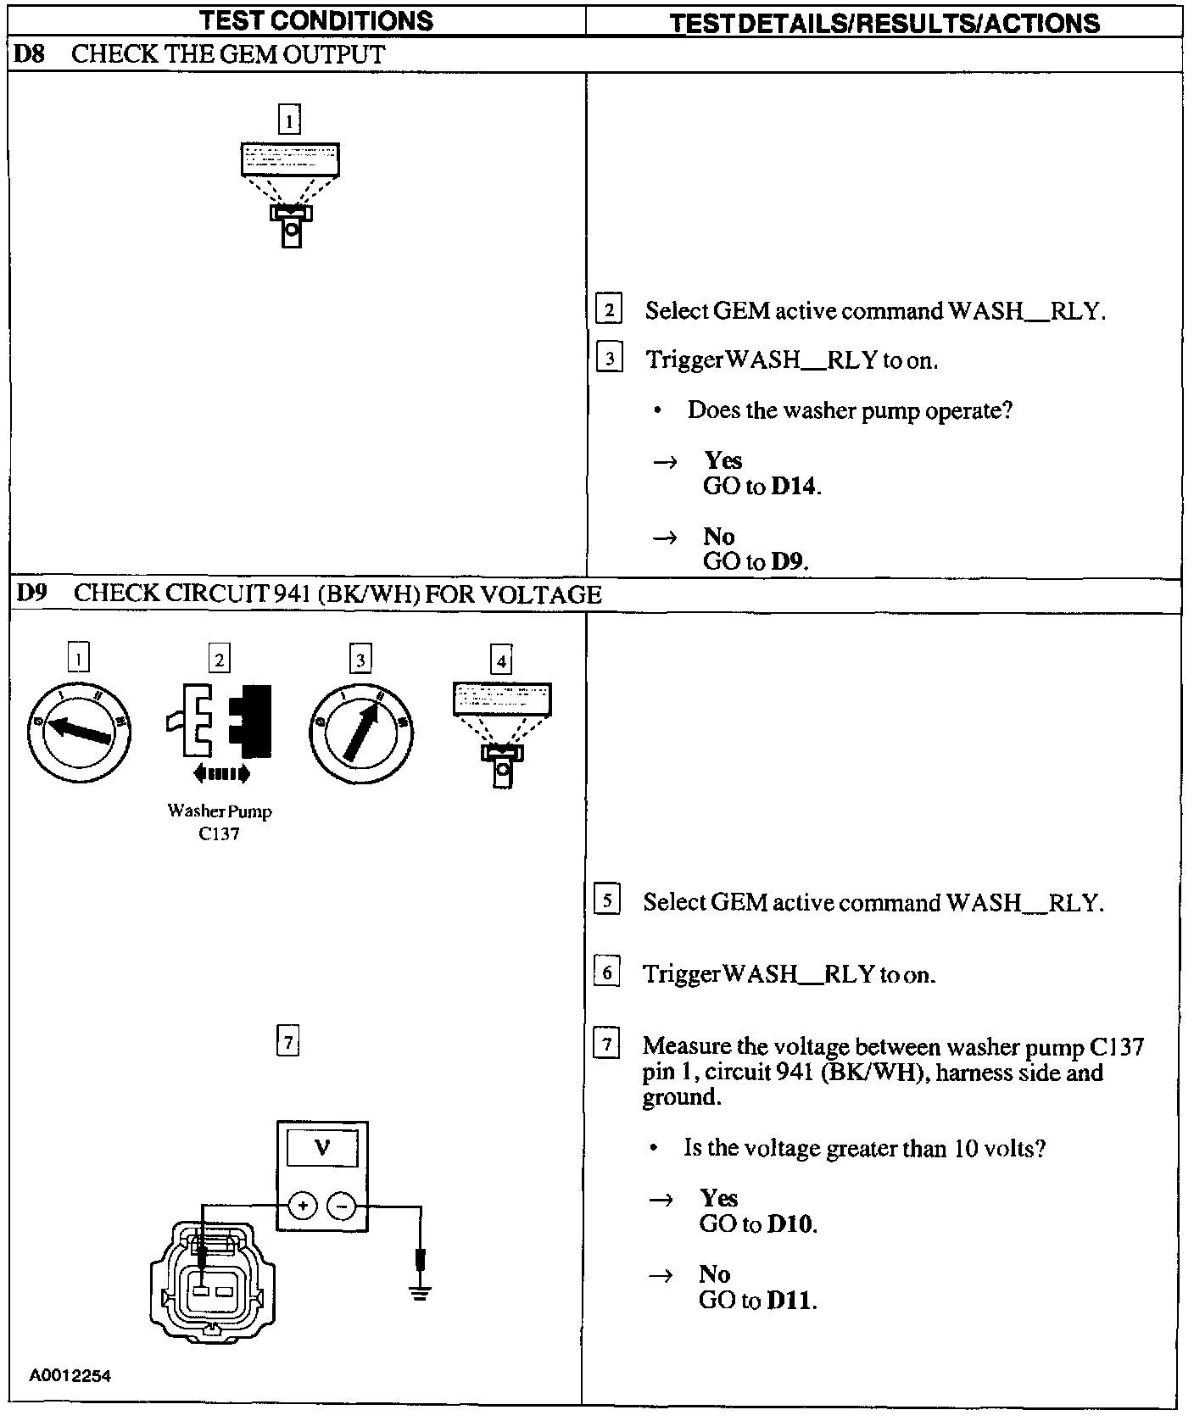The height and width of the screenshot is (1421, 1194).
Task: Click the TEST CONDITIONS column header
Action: (316, 20)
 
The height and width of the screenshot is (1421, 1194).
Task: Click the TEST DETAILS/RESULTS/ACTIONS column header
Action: (884, 22)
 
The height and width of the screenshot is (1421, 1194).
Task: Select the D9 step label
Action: (31, 593)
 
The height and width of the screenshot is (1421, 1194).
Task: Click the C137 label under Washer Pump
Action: (219, 834)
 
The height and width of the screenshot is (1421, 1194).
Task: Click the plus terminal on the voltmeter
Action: (303, 1205)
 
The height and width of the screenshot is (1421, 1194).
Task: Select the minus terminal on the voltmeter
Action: (341, 1205)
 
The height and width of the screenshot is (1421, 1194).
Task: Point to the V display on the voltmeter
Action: (322, 1150)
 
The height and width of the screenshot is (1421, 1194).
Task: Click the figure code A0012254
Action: (70, 1375)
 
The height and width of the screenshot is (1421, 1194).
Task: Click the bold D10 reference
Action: (790, 1224)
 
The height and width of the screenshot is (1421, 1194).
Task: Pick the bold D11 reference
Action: (790, 1301)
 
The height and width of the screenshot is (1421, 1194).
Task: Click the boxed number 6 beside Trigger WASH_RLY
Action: (606, 972)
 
